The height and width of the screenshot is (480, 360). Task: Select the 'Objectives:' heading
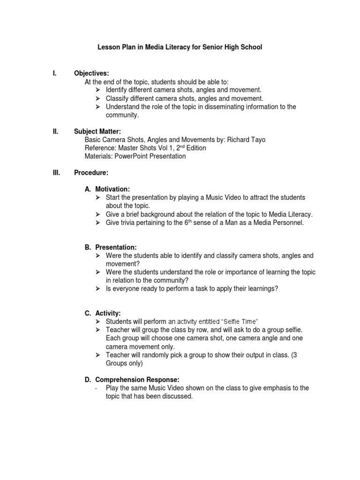[x=91, y=73]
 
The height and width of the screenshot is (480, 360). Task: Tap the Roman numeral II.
[x=55, y=131]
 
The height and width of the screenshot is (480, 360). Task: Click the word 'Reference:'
[x=100, y=148]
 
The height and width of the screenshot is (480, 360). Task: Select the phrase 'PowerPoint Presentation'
[x=151, y=157]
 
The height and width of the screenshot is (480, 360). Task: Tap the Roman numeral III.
[x=56, y=173]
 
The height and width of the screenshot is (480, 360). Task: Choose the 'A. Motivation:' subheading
[x=107, y=189]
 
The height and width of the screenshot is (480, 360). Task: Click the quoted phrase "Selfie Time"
[x=239, y=322]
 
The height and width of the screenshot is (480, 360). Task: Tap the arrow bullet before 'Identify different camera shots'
[x=98, y=90]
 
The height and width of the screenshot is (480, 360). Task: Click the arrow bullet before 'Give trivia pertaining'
[x=98, y=223]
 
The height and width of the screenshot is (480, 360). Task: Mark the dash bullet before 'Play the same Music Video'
[x=96, y=388]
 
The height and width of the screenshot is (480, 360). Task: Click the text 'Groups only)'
[x=124, y=363]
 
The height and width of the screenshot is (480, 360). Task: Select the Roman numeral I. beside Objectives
[x=54, y=73]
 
